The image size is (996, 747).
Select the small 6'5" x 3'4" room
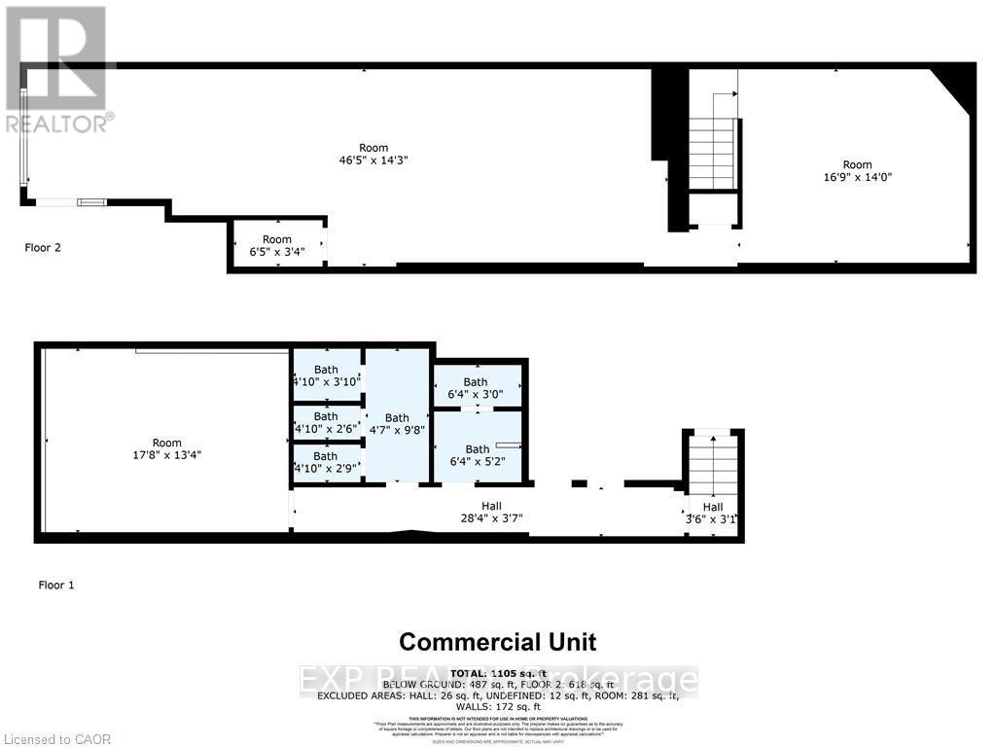pos(277,245)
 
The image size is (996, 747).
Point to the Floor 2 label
pos(43,247)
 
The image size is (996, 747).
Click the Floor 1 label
pos(56,585)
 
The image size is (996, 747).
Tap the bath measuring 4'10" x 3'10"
pos(326,375)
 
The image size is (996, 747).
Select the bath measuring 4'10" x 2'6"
pos(326,422)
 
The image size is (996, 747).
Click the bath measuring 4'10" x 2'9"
pos(326,462)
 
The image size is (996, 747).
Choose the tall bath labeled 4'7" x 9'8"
pos(397,424)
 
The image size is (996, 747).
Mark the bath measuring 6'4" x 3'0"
pos(476,388)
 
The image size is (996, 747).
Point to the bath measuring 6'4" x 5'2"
pos(477,455)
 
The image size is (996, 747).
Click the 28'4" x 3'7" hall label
pos(491,512)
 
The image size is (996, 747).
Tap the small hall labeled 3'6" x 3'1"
pos(713,513)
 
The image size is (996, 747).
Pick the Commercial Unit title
pos(498,642)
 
